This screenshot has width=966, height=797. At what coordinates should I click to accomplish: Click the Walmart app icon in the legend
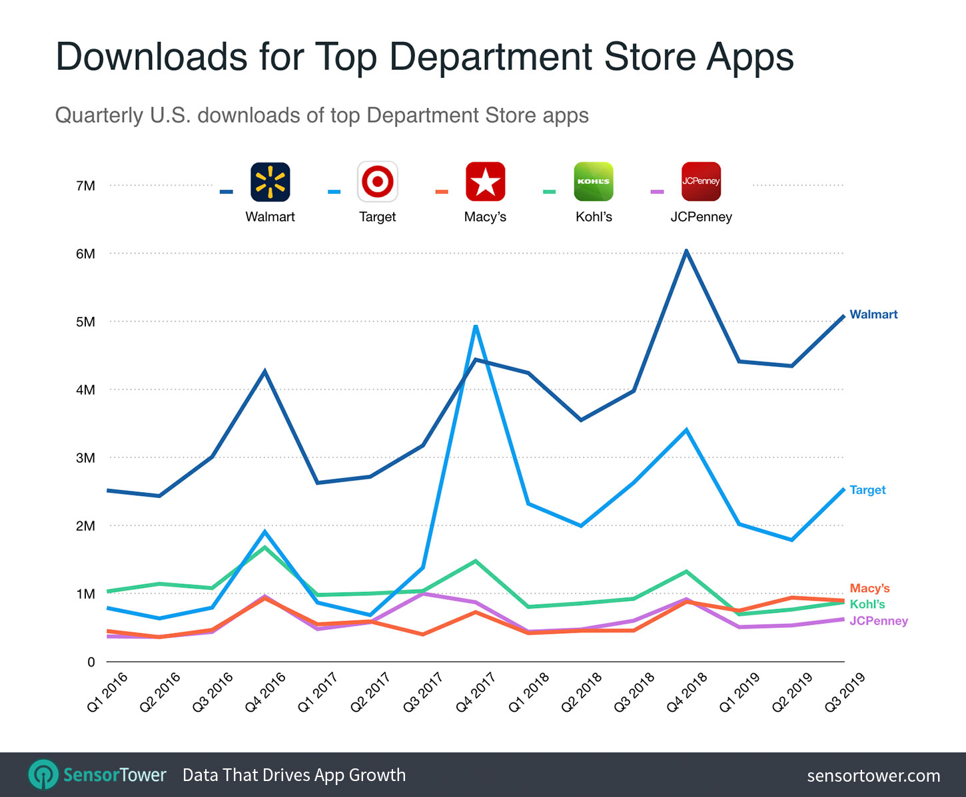(x=270, y=182)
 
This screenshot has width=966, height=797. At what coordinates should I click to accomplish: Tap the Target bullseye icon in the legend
(x=378, y=182)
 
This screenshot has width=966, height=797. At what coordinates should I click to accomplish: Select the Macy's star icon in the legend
(x=485, y=182)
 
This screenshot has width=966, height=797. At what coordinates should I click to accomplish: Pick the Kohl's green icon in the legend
(x=594, y=182)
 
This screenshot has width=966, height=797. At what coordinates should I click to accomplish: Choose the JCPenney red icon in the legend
(x=701, y=182)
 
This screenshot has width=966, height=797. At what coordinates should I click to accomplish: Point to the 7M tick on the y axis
(x=85, y=186)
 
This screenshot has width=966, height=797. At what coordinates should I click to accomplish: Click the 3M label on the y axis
(x=85, y=458)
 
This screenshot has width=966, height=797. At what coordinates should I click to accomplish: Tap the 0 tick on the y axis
(x=91, y=662)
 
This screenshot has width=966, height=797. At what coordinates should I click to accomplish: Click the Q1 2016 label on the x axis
(x=107, y=692)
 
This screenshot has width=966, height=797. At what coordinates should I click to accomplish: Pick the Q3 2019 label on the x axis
(x=845, y=692)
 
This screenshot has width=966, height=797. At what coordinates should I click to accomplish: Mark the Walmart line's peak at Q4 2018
(x=686, y=251)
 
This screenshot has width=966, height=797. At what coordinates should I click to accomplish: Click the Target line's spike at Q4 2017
(x=475, y=326)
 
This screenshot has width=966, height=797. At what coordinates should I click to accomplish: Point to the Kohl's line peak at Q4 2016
(x=265, y=547)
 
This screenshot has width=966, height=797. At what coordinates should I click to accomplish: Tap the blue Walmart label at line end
(x=873, y=314)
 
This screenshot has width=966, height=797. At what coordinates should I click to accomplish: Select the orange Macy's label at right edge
(x=869, y=588)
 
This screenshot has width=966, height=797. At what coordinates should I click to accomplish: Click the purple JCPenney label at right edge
(x=879, y=621)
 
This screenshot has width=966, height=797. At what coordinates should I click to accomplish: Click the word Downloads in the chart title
(x=152, y=57)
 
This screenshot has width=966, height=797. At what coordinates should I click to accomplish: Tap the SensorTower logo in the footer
(x=97, y=775)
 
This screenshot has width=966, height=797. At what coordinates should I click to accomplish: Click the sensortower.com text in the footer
(x=873, y=776)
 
